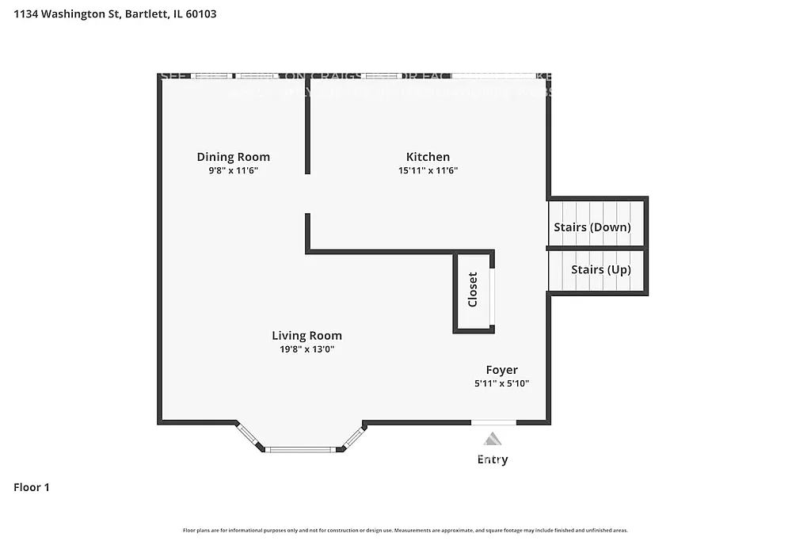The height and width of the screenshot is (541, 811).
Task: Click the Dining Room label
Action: point(233,157)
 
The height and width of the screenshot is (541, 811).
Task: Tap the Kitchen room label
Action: point(428,157)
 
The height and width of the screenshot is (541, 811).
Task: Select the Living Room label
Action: point(307,336)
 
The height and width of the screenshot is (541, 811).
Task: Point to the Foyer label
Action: point(501,370)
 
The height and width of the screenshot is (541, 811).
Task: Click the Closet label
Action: point(473,290)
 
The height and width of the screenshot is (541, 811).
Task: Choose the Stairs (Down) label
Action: point(592,227)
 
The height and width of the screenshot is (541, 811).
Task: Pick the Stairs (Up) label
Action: point(601,269)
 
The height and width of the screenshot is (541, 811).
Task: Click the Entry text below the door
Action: point(493,459)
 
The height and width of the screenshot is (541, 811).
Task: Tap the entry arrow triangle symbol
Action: point(493,439)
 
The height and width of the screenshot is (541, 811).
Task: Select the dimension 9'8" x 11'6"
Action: point(233,170)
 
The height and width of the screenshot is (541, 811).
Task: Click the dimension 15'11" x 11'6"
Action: point(428,170)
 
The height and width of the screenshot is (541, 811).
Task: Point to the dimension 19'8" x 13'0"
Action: point(307,349)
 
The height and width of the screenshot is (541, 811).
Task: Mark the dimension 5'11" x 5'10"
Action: point(501,383)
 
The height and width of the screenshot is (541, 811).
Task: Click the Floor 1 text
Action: point(32,487)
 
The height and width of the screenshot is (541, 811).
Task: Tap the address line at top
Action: point(116,13)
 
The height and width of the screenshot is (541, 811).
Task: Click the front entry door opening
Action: point(493,422)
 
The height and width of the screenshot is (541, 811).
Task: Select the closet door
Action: point(493,296)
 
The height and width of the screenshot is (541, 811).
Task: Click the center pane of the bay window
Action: point(301,449)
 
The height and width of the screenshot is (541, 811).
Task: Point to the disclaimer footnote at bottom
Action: point(405,530)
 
